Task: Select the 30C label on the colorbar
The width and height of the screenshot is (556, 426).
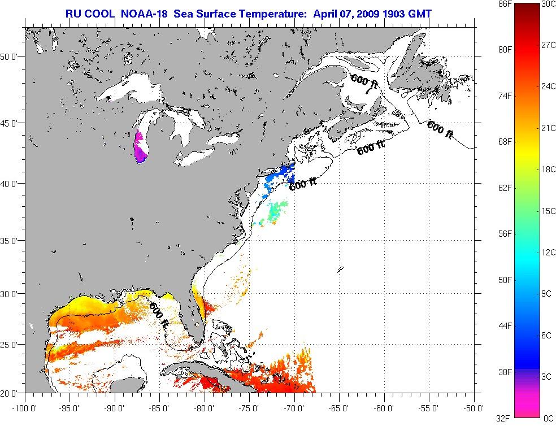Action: click(547, 4)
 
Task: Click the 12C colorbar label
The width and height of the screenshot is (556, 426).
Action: click(547, 252)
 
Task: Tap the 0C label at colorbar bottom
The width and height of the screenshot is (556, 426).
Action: click(547, 418)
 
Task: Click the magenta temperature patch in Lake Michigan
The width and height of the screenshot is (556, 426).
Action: click(140, 147)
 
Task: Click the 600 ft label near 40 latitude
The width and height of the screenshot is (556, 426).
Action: click(303, 184)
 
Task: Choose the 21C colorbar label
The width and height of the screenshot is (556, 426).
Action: click(547, 128)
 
